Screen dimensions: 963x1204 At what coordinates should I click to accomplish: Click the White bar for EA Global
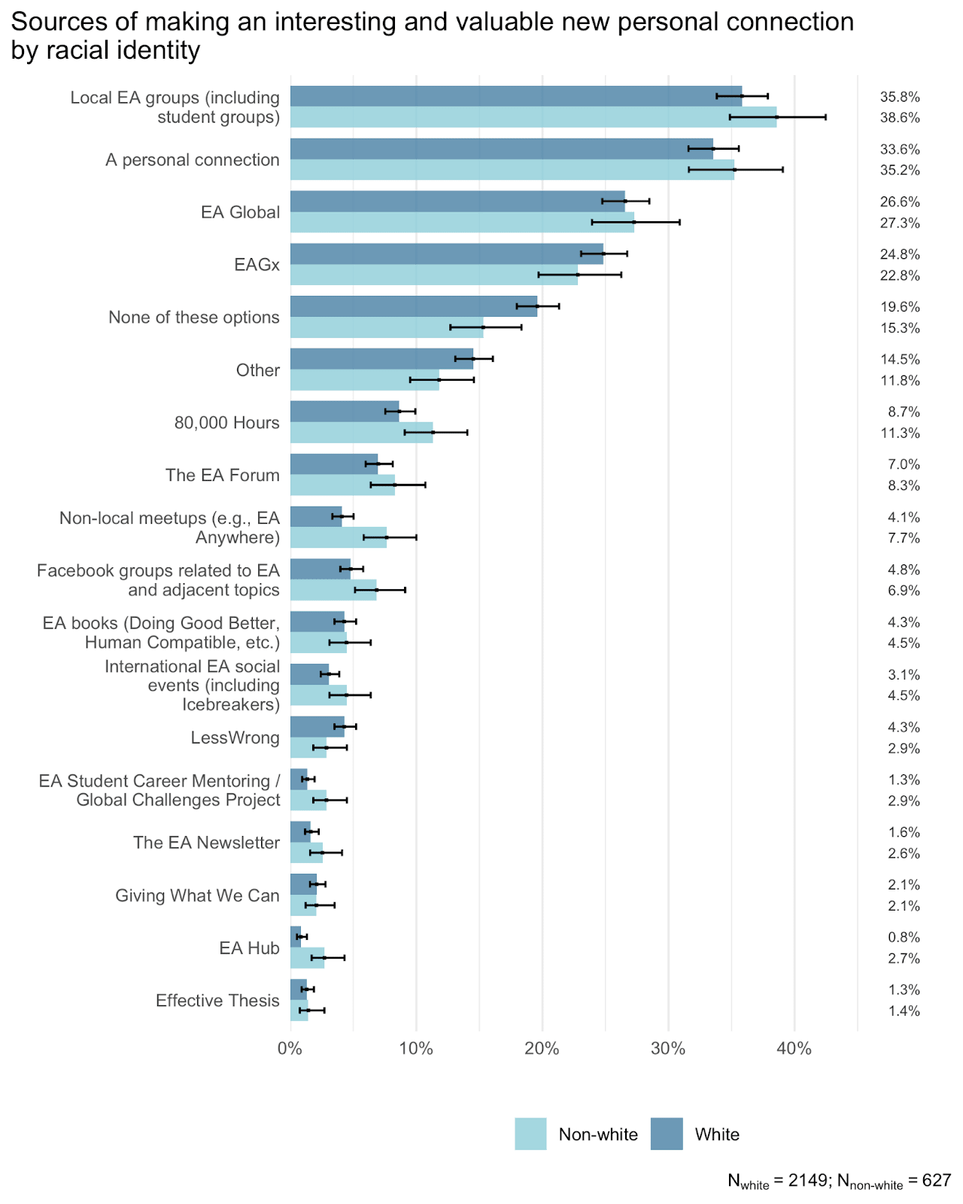tap(457, 201)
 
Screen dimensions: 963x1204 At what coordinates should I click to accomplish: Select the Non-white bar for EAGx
tap(433, 275)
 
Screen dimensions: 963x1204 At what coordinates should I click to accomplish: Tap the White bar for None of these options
tap(414, 306)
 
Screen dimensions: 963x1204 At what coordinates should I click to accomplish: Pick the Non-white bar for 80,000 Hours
tap(361, 433)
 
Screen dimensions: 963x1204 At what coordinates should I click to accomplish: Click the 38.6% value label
tap(900, 117)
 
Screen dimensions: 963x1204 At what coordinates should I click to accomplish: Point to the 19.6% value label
tap(900, 306)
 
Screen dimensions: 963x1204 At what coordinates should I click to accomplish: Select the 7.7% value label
tap(904, 537)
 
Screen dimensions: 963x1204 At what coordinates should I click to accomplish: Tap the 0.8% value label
tap(904, 937)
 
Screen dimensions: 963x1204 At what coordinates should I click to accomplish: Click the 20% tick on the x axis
tap(542, 1048)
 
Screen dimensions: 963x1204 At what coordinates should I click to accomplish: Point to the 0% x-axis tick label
tap(290, 1048)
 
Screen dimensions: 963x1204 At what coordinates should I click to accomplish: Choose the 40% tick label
tap(794, 1048)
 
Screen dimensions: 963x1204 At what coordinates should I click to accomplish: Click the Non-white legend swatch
tap(530, 1134)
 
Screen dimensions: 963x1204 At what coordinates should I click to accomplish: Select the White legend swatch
tap(667, 1134)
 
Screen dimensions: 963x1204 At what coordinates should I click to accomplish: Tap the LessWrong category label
tap(235, 737)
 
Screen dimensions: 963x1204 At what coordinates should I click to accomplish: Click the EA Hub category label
tap(249, 947)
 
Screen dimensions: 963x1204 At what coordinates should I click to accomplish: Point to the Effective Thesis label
tap(217, 1000)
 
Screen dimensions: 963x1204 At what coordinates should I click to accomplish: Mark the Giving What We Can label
tap(198, 895)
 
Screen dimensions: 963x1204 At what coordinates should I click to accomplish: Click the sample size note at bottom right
tap(840, 1181)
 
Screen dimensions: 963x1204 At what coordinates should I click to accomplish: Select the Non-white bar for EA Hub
tap(307, 958)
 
